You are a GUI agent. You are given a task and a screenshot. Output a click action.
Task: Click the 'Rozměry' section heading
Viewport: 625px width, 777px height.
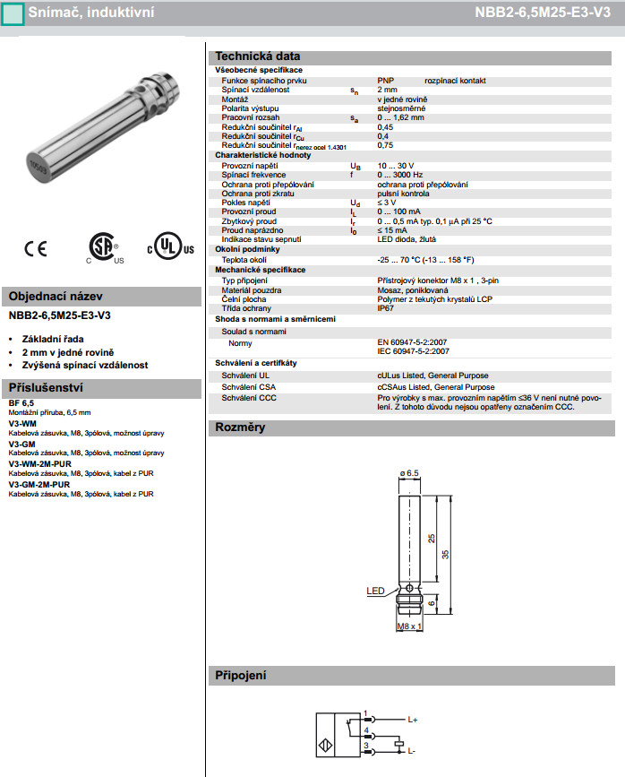pyautogui.click(x=240, y=427)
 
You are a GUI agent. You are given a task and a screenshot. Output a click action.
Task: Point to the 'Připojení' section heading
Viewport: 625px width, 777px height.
pyautogui.click(x=241, y=675)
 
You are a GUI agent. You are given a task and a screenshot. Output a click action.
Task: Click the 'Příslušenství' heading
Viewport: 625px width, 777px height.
pyautogui.click(x=46, y=387)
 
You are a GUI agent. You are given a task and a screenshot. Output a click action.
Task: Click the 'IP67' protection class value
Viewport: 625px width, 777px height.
pyautogui.click(x=386, y=307)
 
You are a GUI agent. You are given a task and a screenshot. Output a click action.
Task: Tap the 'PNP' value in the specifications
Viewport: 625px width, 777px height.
pyautogui.click(x=385, y=80)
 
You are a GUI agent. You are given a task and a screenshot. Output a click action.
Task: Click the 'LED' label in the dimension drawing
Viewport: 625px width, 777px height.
pyautogui.click(x=376, y=591)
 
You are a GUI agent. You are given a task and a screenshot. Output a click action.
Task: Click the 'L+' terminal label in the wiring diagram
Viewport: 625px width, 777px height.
pyautogui.click(x=413, y=719)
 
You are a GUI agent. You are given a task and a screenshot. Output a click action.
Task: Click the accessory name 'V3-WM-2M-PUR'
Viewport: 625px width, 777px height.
pyautogui.click(x=40, y=464)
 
